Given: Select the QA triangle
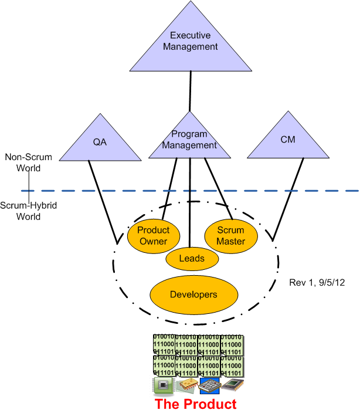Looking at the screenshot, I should (100, 142).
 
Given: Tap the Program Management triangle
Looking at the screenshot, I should (190, 141).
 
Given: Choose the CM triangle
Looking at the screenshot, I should (287, 142).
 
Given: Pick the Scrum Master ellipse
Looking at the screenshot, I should (230, 236).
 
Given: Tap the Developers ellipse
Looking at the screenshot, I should (193, 294).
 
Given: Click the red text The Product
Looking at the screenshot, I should (195, 404).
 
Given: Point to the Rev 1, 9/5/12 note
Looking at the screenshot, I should (317, 282).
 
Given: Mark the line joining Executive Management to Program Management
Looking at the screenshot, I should (190, 92).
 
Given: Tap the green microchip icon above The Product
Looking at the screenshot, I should (163, 385).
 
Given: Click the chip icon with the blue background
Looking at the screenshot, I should (209, 385).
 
